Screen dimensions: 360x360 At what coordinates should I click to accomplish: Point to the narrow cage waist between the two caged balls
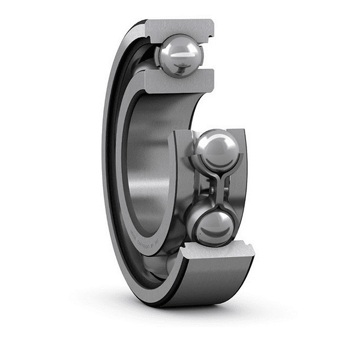click(x=215, y=187)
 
